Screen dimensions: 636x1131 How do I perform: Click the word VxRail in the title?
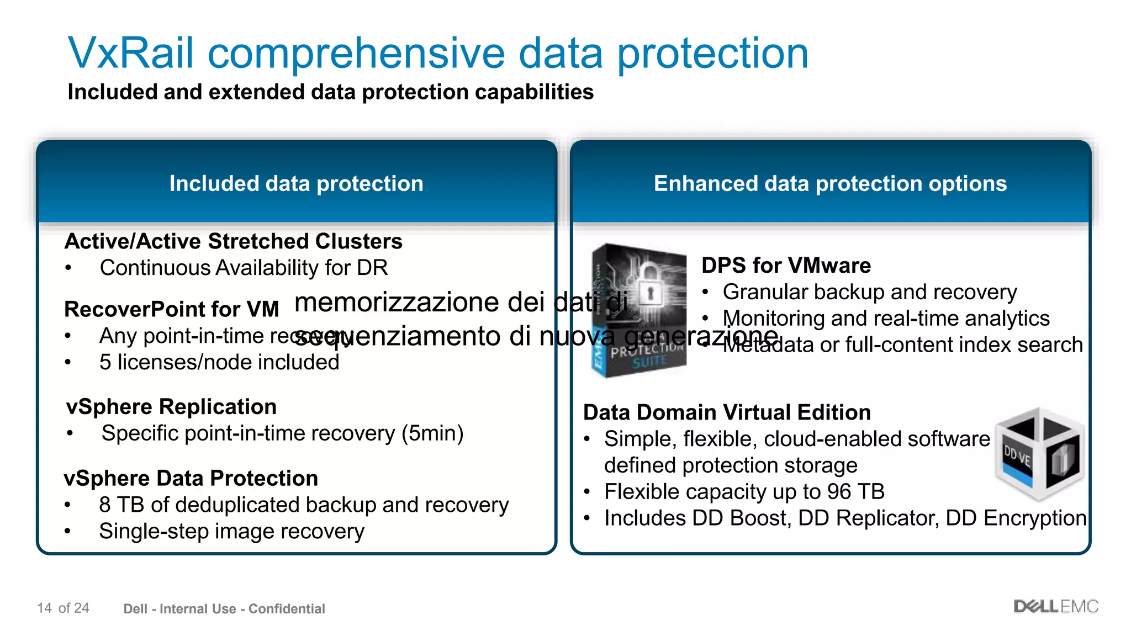(131, 54)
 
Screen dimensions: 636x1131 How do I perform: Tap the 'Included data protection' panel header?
(296, 184)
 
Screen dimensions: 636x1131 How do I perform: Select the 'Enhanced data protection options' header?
(830, 184)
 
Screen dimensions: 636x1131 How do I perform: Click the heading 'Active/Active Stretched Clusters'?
(233, 242)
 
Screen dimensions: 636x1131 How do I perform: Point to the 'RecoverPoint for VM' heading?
(171, 309)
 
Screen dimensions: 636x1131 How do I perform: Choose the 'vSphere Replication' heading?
(171, 407)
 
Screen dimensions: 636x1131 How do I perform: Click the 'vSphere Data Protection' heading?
(191, 478)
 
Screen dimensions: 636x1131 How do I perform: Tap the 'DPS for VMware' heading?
(786, 266)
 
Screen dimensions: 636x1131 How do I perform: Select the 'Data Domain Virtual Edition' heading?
(727, 412)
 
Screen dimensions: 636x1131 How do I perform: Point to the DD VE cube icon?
(1039, 454)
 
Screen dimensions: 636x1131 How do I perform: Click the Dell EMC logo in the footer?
(1056, 607)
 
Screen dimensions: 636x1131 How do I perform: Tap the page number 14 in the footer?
(45, 608)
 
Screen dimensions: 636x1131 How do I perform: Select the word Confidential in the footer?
(287, 609)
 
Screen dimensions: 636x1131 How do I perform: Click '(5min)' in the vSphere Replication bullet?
(432, 433)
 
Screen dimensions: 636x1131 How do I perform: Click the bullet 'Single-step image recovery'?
(231, 531)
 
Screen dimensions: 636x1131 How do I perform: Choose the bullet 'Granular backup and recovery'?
(869, 292)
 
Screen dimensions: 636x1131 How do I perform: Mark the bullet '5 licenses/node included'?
(219, 363)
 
